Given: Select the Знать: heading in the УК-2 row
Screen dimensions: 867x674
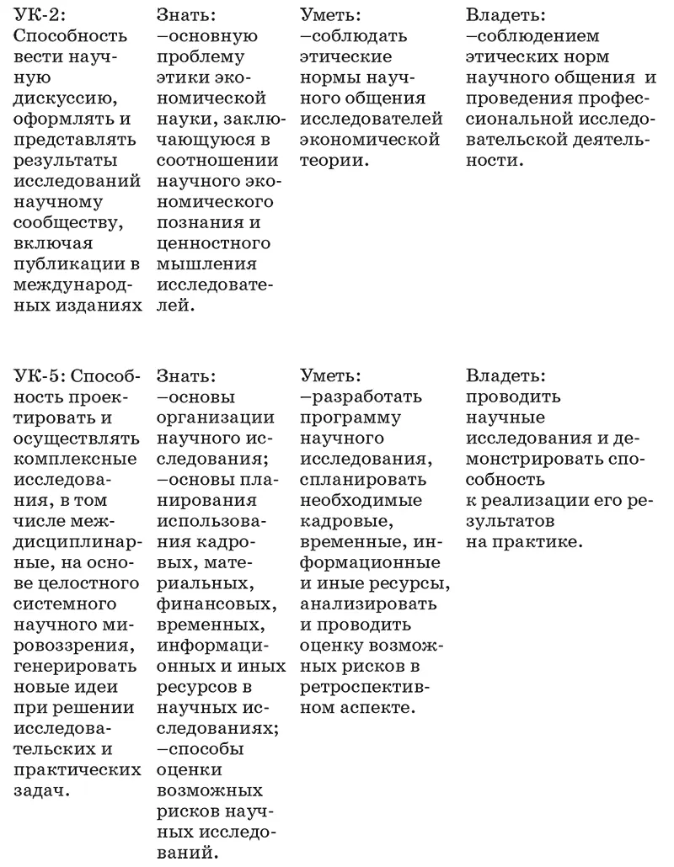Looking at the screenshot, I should tap(185, 15).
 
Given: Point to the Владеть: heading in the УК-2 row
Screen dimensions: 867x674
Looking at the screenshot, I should tap(505, 15).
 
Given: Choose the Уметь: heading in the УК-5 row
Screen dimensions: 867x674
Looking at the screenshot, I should tap(330, 375).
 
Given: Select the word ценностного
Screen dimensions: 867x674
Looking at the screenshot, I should tap(214, 243).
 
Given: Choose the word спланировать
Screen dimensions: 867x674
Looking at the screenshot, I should tap(363, 478).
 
